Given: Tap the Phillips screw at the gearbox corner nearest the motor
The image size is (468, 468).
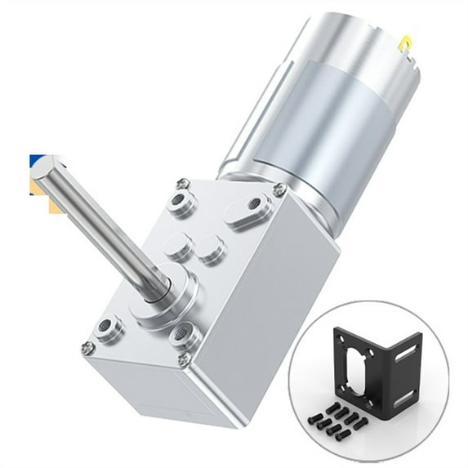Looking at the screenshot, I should tap(279, 189).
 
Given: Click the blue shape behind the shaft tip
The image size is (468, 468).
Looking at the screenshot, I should tap(37, 160).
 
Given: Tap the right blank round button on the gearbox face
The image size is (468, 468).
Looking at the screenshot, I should tap(212, 247).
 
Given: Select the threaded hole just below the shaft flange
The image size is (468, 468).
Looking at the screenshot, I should tap(186, 333).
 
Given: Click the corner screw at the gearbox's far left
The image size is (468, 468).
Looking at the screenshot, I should tap(88, 347).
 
